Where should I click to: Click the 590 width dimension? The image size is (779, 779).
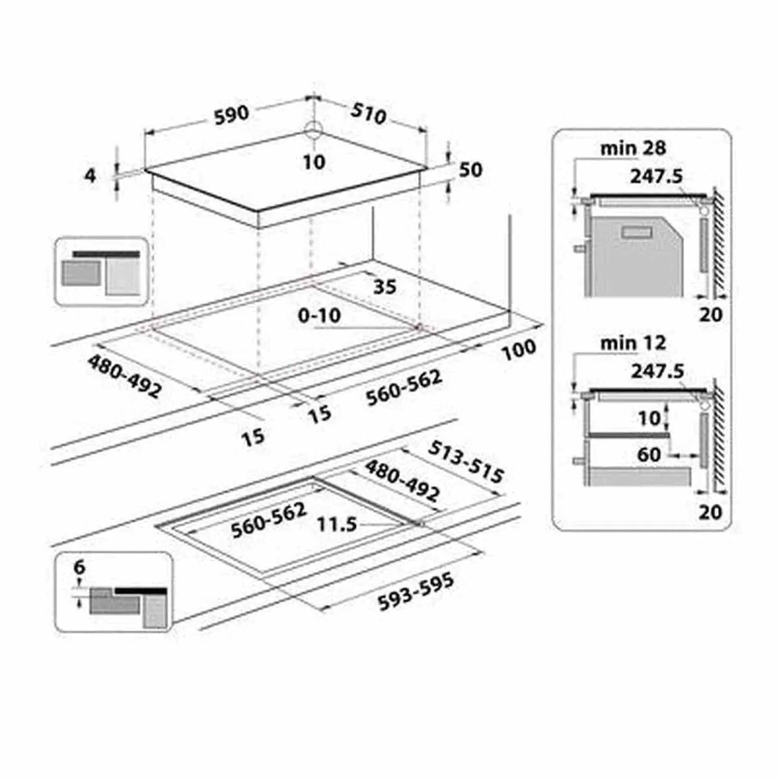click(x=231, y=115)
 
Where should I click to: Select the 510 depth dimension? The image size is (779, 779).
click(x=368, y=114)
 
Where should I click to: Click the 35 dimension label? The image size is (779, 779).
click(x=384, y=287)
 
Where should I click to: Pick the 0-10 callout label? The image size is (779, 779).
click(x=319, y=315)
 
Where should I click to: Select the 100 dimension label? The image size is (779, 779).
click(x=520, y=350)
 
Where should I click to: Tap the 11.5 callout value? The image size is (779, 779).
click(x=337, y=525)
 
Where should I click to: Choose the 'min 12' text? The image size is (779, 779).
click(x=633, y=343)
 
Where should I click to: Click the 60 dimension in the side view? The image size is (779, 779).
click(x=649, y=455)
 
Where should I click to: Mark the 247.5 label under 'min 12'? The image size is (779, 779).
click(x=657, y=371)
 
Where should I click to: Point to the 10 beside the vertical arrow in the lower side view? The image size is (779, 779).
click(x=649, y=418)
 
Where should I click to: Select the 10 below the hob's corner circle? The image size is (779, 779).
click(x=314, y=162)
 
